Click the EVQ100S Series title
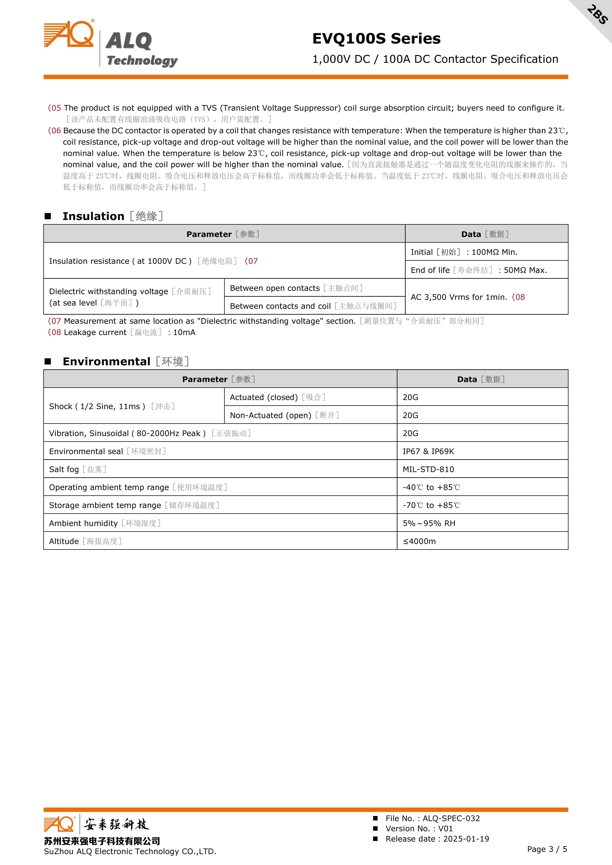point(376,38)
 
